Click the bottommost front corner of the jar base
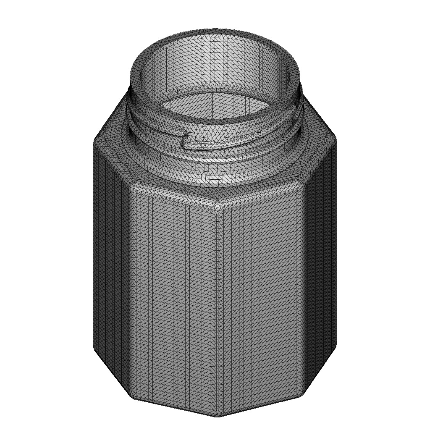pyautogui.click(x=217, y=416)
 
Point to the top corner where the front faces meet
pyautogui.click(x=218, y=206)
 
